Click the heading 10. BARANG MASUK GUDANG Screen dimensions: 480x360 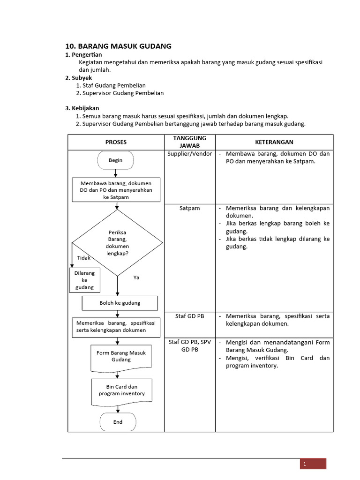click(x=118, y=46)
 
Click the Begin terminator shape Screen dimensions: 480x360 click(x=116, y=160)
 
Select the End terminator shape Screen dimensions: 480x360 click(x=118, y=422)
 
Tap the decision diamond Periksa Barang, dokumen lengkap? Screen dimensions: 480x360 click(x=117, y=242)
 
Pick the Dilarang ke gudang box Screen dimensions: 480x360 click(x=84, y=280)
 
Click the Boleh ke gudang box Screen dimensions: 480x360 click(x=120, y=303)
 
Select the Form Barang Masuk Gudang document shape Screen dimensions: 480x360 click(x=121, y=357)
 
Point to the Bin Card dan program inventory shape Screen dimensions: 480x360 click(x=121, y=391)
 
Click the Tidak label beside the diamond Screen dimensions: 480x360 click(x=83, y=258)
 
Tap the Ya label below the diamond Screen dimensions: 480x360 click(x=136, y=277)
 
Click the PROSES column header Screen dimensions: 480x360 click(x=116, y=142)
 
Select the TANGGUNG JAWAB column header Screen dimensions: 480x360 click(x=189, y=142)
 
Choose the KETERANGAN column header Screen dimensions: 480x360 click(x=274, y=142)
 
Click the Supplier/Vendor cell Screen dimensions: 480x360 click(x=189, y=154)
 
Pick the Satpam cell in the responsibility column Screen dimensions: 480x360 click(x=189, y=208)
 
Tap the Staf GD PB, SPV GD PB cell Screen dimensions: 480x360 click(x=189, y=346)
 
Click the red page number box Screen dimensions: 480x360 click(x=313, y=464)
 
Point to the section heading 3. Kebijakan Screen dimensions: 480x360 click(x=82, y=108)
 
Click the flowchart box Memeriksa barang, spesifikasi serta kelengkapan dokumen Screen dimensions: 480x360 click(x=116, y=326)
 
